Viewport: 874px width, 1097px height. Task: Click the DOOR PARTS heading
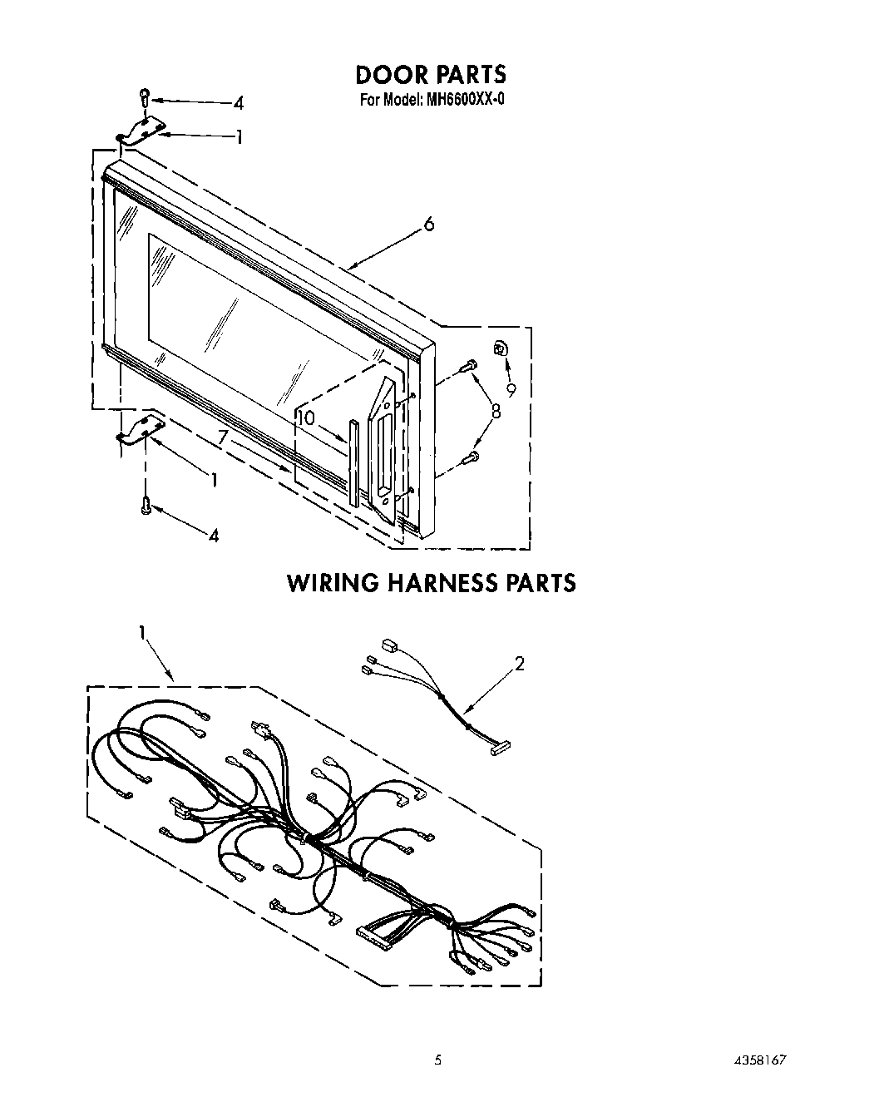[430, 75]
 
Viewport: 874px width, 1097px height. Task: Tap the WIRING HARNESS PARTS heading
[431, 582]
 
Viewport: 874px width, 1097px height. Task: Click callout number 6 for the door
[428, 225]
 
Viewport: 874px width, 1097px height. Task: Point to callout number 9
[511, 388]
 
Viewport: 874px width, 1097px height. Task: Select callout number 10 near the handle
[307, 418]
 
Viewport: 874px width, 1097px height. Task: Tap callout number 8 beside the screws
[496, 410]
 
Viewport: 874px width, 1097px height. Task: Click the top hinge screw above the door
[145, 96]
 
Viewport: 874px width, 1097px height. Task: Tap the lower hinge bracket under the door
[140, 430]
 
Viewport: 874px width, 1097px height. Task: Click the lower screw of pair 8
[470, 456]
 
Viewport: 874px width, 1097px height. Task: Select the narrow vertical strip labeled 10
[354, 462]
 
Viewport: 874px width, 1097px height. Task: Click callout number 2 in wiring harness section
[519, 664]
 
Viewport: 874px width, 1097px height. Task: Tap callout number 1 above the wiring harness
[142, 634]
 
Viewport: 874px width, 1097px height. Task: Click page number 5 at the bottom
[437, 1060]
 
